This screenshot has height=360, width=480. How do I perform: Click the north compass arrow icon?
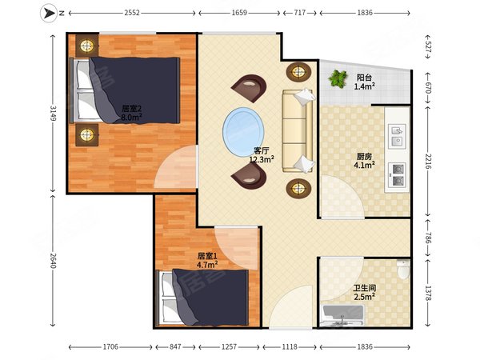(48, 13)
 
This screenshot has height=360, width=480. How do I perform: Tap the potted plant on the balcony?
(338, 78)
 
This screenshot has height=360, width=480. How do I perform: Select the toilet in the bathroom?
(403, 269)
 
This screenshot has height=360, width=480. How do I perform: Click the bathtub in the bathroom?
(342, 315)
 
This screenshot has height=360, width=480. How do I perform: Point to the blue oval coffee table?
(243, 132)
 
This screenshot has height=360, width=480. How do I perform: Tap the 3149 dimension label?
(53, 114)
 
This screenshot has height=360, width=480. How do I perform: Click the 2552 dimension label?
(132, 13)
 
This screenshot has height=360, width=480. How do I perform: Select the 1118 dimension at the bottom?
(290, 347)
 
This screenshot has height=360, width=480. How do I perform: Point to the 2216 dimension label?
(428, 162)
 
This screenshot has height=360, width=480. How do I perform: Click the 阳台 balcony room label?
(364, 78)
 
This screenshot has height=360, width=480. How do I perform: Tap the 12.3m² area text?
(262, 159)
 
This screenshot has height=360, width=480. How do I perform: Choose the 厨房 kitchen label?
(364, 157)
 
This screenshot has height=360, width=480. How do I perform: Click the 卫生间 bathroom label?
(364, 288)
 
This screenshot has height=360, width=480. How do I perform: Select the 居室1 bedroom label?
(207, 256)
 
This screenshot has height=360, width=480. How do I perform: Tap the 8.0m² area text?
(131, 117)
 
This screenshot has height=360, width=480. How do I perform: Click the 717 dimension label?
(300, 13)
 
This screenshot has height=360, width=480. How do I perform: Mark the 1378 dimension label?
(428, 293)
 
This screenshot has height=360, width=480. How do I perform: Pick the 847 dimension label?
(175, 347)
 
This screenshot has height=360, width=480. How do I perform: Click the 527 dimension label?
(428, 47)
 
